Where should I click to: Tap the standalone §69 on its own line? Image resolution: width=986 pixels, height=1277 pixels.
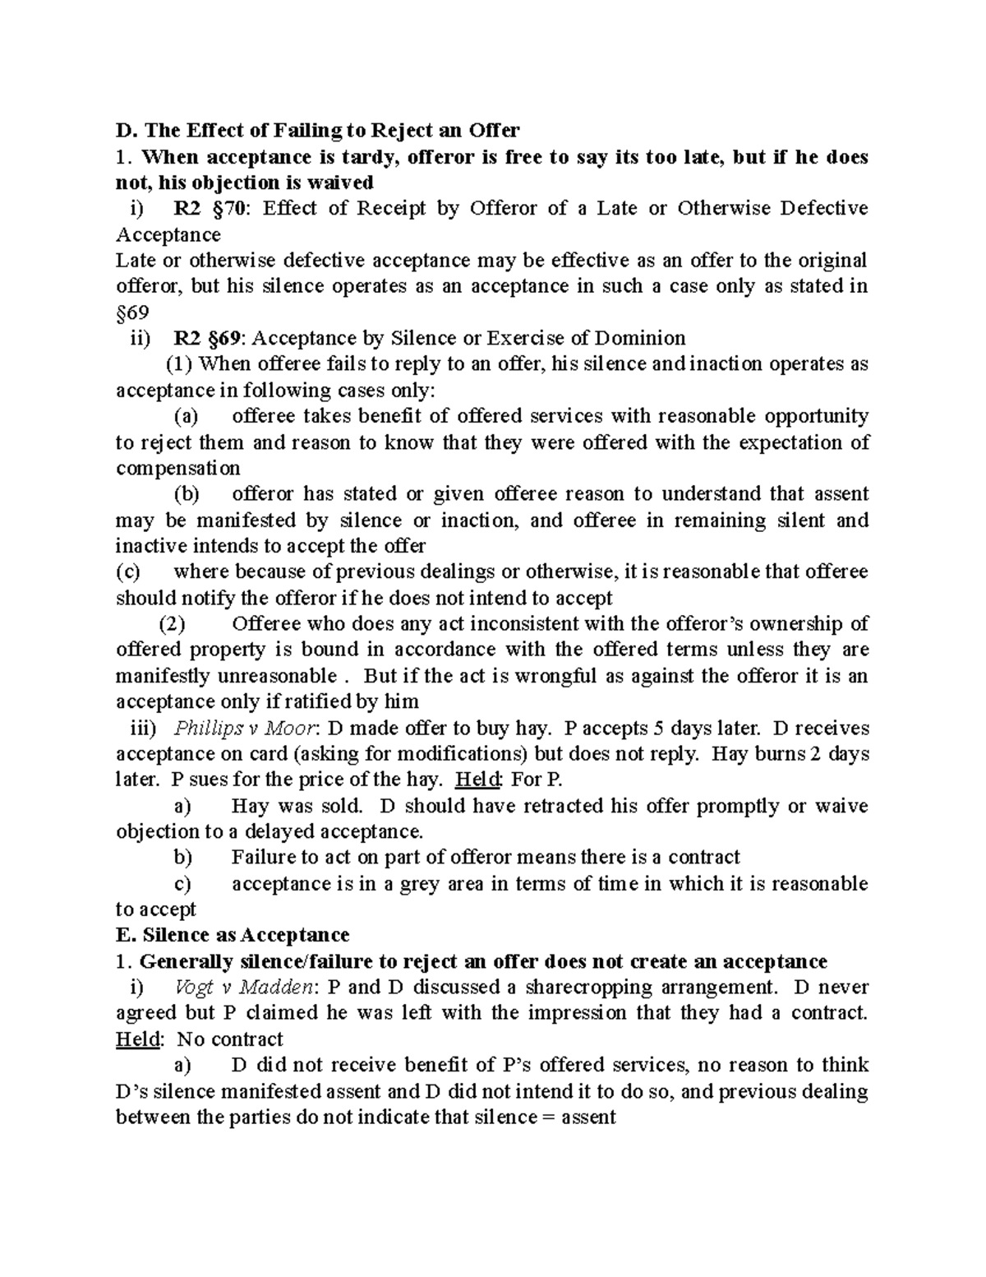click(132, 312)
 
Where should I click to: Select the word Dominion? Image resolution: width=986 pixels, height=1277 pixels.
click(641, 338)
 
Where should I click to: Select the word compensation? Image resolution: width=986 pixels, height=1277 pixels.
click(178, 468)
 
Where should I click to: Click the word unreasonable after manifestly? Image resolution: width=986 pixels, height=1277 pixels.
click(276, 677)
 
